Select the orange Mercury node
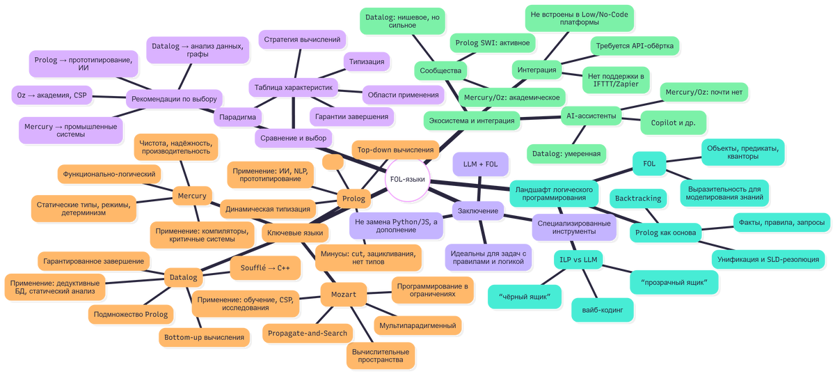(x=191, y=196)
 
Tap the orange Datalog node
(x=184, y=277)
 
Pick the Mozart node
(x=342, y=295)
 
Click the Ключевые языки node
(x=295, y=233)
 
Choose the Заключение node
(x=479, y=210)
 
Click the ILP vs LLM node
(x=578, y=259)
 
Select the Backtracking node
(x=638, y=198)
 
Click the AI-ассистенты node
(x=591, y=116)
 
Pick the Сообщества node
(x=440, y=70)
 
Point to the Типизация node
(x=366, y=62)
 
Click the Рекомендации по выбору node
(x=174, y=99)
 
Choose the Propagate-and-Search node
(x=308, y=333)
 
